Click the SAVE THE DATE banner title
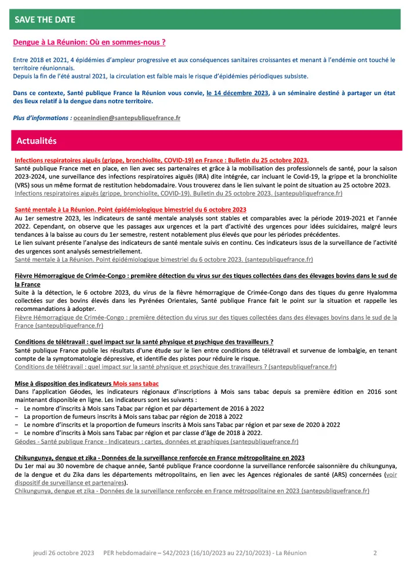45,20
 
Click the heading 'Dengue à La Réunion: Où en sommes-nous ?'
89,42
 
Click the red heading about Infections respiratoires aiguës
161,160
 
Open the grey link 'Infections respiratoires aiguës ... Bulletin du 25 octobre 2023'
178,193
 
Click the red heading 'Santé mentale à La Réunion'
130,209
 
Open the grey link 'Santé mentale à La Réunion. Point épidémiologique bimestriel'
164,259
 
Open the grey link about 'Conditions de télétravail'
175,367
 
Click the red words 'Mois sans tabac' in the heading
136,383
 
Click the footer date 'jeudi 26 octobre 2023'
63,553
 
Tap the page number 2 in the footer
375,553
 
